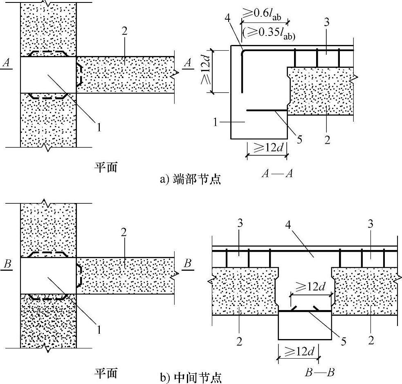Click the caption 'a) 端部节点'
(x=191, y=179)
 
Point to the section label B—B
(x=320, y=372)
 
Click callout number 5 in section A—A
(x=299, y=139)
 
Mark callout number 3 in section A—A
(x=326, y=23)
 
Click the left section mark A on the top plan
(x=6, y=62)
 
